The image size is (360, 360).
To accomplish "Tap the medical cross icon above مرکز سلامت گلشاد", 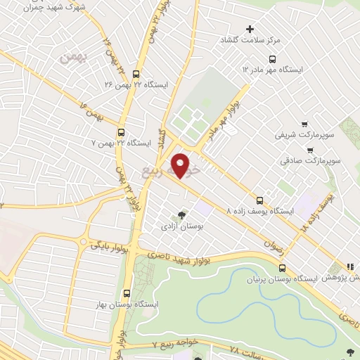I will [x=250, y=29].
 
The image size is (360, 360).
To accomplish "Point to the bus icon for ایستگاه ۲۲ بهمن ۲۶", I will [x=136, y=73].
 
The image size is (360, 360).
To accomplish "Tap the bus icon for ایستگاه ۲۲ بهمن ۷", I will [x=122, y=131].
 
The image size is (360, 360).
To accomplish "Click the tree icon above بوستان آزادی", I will [x=182, y=214].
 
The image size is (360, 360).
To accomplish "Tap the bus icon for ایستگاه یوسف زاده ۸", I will [x=259, y=200].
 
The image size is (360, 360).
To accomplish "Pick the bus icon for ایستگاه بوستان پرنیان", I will [x=282, y=268].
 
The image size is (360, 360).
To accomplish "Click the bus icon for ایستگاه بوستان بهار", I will [x=127, y=294].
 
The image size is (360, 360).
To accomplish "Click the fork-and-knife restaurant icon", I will [x=349, y=266].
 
